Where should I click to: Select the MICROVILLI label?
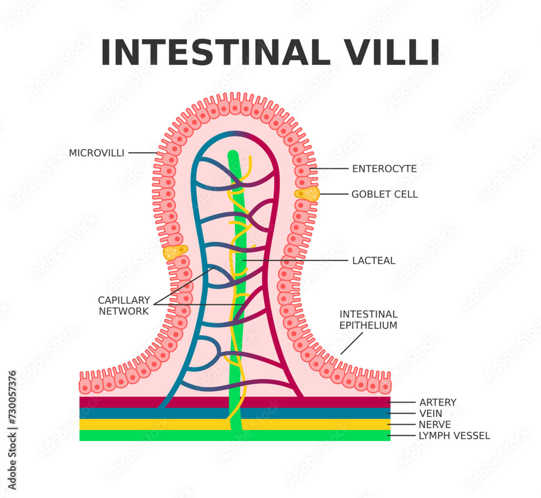coord(96,153)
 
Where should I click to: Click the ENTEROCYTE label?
coord(384,169)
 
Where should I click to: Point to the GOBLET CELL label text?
coord(384,194)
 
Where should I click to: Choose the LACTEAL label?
coord(373,261)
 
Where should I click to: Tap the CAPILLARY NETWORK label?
coord(124,306)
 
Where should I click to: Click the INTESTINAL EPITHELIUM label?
coord(368,320)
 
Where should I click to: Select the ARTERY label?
coord(438,403)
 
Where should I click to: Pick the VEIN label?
coord(430,414)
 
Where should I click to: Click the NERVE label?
coord(434,425)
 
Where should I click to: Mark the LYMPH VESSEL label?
coord(454,436)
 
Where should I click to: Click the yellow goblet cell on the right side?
coord(307,194)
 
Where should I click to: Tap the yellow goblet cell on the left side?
coord(175,252)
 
